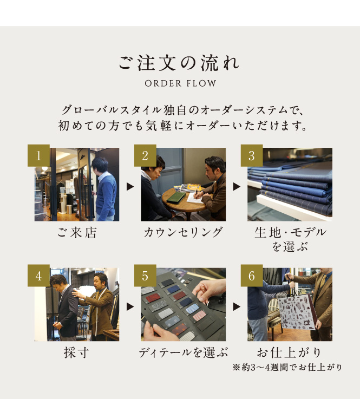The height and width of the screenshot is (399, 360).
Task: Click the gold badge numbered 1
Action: coord(38,155)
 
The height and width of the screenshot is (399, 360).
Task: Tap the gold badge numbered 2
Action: coord(145,155)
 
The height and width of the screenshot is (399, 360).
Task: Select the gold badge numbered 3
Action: coord(252,155)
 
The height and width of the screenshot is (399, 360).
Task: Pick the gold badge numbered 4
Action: coord(38,276)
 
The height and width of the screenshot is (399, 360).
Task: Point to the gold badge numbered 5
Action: coord(145,276)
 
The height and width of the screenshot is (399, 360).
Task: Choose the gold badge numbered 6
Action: coord(252,276)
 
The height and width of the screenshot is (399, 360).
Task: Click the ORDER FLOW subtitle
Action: coord(180,83)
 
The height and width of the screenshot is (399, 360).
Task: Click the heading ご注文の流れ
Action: coord(179,63)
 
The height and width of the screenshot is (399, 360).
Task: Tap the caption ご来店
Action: coord(76,233)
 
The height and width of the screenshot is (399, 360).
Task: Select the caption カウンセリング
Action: coord(183,233)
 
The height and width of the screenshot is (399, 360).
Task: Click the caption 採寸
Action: coord(76,352)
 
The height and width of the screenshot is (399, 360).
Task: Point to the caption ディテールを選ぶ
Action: coord(183,352)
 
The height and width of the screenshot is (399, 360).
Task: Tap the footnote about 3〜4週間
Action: coord(287,367)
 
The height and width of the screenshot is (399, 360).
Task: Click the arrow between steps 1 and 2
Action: coord(130,187)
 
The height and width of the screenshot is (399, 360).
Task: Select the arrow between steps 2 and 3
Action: coord(237,187)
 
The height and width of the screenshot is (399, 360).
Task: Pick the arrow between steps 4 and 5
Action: coord(130,306)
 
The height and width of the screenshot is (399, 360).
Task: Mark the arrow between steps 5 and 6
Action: coord(237,306)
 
